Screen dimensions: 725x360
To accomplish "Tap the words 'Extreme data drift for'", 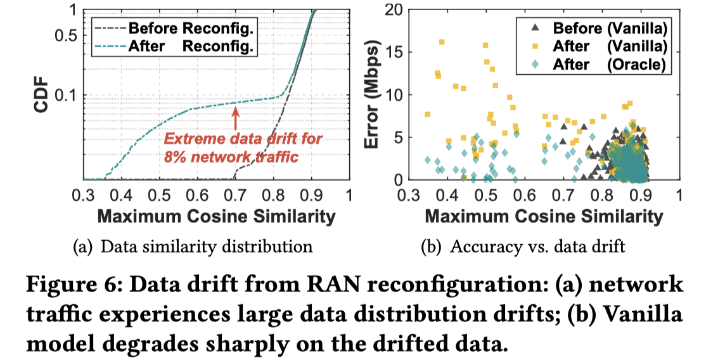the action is click(243, 139).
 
